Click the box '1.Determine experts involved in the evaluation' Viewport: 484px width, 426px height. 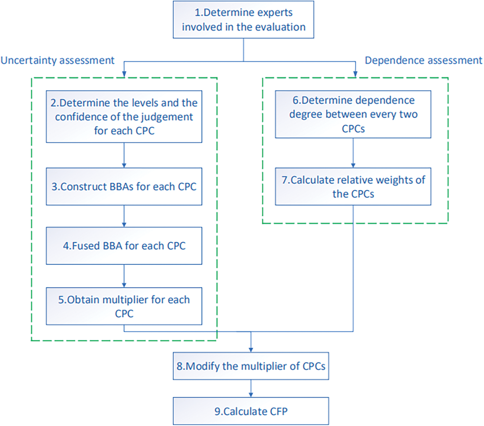click(243, 20)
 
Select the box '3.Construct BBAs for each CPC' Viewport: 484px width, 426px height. click(124, 186)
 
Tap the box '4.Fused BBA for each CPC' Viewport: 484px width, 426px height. click(124, 246)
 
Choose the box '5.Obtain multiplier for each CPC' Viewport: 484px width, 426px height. click(124, 306)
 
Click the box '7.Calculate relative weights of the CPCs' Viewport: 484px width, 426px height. click(353, 186)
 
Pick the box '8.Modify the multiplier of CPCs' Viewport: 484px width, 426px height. click(251, 366)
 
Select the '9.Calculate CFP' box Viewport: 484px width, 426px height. click(251, 411)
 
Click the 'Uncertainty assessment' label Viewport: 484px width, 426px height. click(58, 60)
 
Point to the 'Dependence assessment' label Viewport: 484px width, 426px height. click(423, 60)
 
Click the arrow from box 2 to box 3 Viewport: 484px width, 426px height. click(124, 155)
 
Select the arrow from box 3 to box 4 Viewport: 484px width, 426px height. click(124, 216)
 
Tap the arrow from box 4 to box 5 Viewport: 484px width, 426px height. click(124, 276)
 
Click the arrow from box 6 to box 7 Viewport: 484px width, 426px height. click(353, 153)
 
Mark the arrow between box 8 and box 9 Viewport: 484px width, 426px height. click(251, 388)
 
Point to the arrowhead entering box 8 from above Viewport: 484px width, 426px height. click(251, 349)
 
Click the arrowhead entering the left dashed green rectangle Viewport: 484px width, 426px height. click(124, 74)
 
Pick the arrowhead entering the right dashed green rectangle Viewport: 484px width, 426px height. click(355, 74)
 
